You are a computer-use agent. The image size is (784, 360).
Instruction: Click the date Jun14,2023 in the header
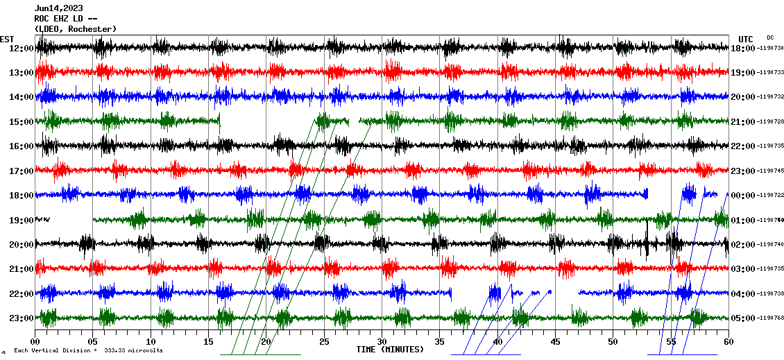(x=56, y=8)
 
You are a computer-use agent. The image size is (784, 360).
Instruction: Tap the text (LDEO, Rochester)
(x=76, y=28)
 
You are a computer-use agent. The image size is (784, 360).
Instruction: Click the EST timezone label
(x=6, y=39)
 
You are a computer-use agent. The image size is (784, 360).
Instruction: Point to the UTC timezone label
(x=746, y=39)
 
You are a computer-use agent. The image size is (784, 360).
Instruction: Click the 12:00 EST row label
(x=22, y=49)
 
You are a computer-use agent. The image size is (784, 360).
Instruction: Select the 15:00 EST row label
(x=22, y=122)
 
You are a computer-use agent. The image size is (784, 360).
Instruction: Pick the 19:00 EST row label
(x=22, y=221)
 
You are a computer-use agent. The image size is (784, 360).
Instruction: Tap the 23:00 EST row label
(x=22, y=318)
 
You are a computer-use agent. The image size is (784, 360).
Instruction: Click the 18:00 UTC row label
(x=743, y=49)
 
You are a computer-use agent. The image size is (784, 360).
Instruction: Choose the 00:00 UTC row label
(x=743, y=196)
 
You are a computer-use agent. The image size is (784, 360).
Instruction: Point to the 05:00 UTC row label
(x=743, y=318)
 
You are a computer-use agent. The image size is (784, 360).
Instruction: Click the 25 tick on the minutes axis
(x=324, y=342)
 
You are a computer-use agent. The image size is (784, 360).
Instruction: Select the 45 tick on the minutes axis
(x=555, y=342)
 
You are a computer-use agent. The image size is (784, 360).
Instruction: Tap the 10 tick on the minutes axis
(x=151, y=342)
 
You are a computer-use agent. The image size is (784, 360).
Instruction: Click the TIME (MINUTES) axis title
(x=389, y=350)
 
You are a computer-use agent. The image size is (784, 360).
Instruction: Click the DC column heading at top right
(x=770, y=37)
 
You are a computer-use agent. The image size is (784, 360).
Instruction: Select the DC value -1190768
(x=770, y=318)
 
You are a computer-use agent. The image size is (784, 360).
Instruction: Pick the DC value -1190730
(x=770, y=49)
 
